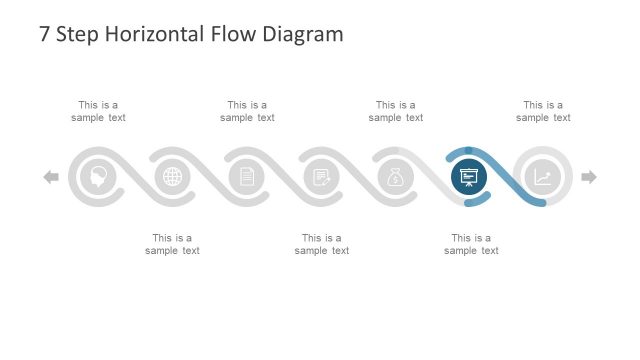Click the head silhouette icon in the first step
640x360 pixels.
coord(98,177)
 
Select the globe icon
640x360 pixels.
coord(173,177)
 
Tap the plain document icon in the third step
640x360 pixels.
coord(247,177)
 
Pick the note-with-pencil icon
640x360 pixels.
coord(321,177)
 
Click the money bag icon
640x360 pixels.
coord(395,177)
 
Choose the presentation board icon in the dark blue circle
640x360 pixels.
coord(468,177)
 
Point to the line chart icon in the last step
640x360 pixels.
coord(542,177)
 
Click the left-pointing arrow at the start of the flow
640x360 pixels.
coord(51,177)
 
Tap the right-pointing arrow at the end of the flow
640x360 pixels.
coord(589,177)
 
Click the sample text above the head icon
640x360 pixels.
coord(98,111)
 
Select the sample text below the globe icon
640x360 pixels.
coord(172,244)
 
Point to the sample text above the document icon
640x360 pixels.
coord(247,111)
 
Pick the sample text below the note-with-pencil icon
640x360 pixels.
coord(322,244)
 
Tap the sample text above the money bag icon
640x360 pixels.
coord(396,111)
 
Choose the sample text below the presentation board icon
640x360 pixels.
coord(471,244)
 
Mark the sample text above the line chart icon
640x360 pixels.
coord(543,111)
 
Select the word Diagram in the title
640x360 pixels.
coord(301,34)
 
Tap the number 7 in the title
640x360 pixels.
coord(44,34)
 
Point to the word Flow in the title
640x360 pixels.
coord(232,34)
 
